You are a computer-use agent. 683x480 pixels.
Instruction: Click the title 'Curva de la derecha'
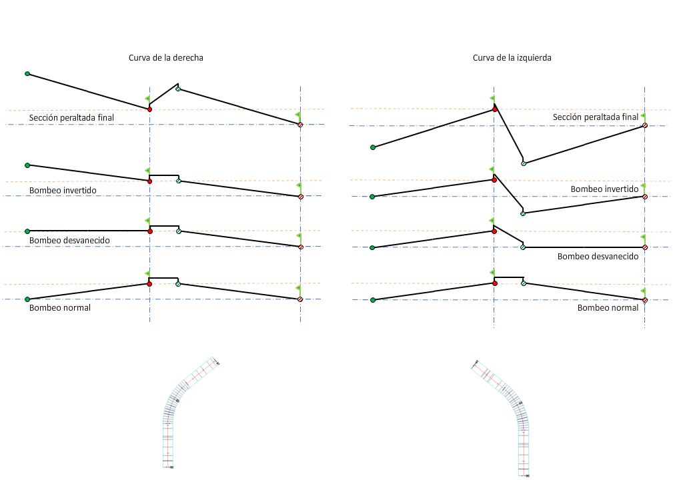pyautogui.click(x=166, y=58)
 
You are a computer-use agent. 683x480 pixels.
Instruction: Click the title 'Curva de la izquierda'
pyautogui.click(x=512, y=58)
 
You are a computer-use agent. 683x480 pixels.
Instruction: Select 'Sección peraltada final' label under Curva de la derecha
pyautogui.click(x=71, y=118)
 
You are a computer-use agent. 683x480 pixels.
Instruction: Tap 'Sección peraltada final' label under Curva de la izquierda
pyautogui.click(x=596, y=117)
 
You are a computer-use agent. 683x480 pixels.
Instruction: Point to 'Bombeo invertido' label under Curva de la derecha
pyautogui.click(x=63, y=190)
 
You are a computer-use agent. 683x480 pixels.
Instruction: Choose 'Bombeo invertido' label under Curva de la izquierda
pyautogui.click(x=604, y=189)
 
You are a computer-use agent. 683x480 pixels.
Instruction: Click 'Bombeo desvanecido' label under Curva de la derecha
pyautogui.click(x=69, y=240)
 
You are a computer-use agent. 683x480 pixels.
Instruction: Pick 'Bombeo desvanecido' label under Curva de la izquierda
pyautogui.click(x=598, y=256)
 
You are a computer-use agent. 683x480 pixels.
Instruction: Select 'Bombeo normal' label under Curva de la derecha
pyautogui.click(x=60, y=308)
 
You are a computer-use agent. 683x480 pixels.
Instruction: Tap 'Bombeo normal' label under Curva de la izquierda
pyautogui.click(x=608, y=308)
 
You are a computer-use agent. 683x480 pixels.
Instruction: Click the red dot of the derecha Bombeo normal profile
pyautogui.click(x=149, y=284)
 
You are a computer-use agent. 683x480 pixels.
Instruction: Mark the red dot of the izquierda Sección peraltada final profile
pyautogui.click(x=494, y=109)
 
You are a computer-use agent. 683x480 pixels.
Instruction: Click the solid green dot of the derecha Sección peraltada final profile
pyautogui.click(x=27, y=73)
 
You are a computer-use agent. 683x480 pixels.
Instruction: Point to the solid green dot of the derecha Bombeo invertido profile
pyautogui.click(x=27, y=165)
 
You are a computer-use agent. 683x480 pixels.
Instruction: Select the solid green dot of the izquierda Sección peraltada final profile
pyautogui.click(x=373, y=147)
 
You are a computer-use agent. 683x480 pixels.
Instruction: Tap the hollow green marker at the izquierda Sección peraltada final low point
pyautogui.click(x=524, y=163)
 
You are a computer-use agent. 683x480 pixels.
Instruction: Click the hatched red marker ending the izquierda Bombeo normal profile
pyautogui.click(x=645, y=299)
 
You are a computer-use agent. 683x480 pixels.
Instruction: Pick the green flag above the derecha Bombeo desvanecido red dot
pyautogui.click(x=147, y=221)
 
